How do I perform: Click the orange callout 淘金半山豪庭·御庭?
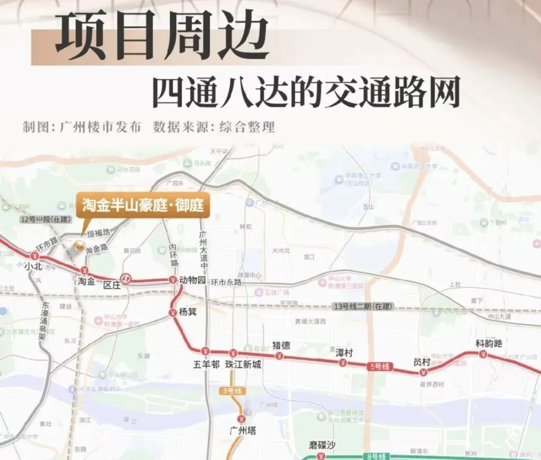click(143, 206)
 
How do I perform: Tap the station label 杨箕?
click(187, 312)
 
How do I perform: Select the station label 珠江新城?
click(243, 365)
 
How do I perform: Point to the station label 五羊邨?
click(206, 365)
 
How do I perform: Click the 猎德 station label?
click(281, 345)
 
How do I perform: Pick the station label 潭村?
click(344, 352)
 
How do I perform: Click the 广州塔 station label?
click(242, 430)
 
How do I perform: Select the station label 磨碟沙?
click(322, 445)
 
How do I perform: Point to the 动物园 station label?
click(193, 280)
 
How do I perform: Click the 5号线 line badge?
click(379, 366)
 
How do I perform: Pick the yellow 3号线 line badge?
click(230, 391)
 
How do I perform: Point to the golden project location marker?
click(78, 246)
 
